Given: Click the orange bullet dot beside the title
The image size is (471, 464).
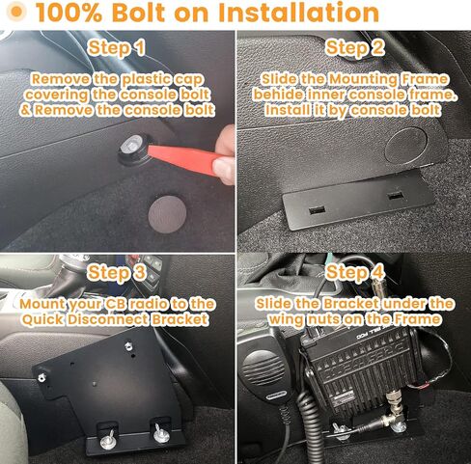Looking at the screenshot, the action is pos(15,12).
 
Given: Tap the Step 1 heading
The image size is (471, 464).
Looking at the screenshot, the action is pos(117,48).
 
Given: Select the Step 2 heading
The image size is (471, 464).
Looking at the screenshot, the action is pos(355,48).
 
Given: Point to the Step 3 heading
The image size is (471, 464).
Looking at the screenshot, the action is pos(117,273).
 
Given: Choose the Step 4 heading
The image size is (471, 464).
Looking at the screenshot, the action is pos(355,273).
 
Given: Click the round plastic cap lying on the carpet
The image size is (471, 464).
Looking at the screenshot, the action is pos(167,214).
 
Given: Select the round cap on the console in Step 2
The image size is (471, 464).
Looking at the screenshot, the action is pos(406,145).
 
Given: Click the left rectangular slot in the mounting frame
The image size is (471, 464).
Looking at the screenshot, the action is pos(317,210).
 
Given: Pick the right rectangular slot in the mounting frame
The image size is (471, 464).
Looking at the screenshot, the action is pos(396,195).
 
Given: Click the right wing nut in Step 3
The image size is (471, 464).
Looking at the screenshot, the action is pos(161,433).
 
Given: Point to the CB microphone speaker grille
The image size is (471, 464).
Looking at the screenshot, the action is pos(260,367).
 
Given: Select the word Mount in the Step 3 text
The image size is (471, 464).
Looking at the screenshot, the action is pos(42,304).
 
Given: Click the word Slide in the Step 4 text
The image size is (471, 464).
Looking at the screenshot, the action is pos(274,304).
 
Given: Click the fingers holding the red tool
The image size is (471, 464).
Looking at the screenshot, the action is pos(225,155).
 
